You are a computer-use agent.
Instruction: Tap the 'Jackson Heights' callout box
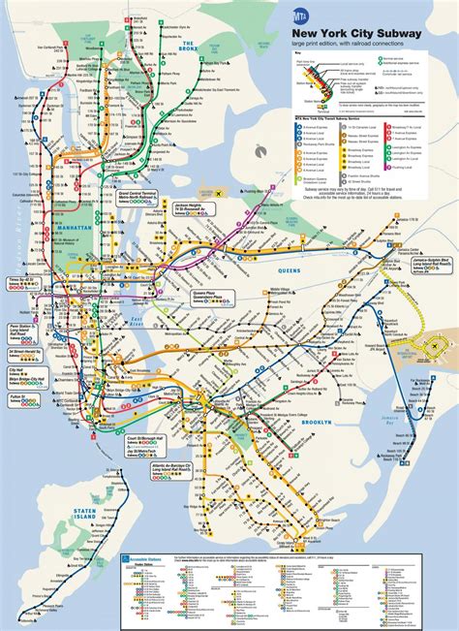tap(195, 237)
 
